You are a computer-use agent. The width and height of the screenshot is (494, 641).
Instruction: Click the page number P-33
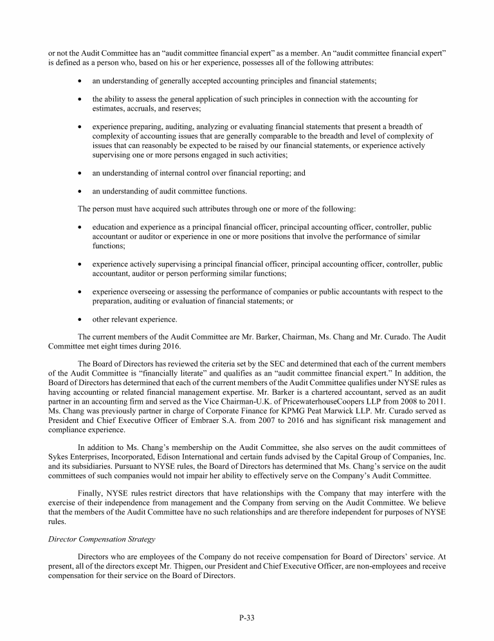tap(247, 618)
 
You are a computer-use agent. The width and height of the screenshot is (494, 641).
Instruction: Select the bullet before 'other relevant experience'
tap(78, 320)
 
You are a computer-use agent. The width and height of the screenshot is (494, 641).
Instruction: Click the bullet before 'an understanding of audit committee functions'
tap(78, 191)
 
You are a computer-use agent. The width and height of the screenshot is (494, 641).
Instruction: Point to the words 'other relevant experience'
tap(134, 320)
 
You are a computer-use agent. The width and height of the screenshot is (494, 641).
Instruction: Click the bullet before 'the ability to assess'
tap(78, 99)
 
